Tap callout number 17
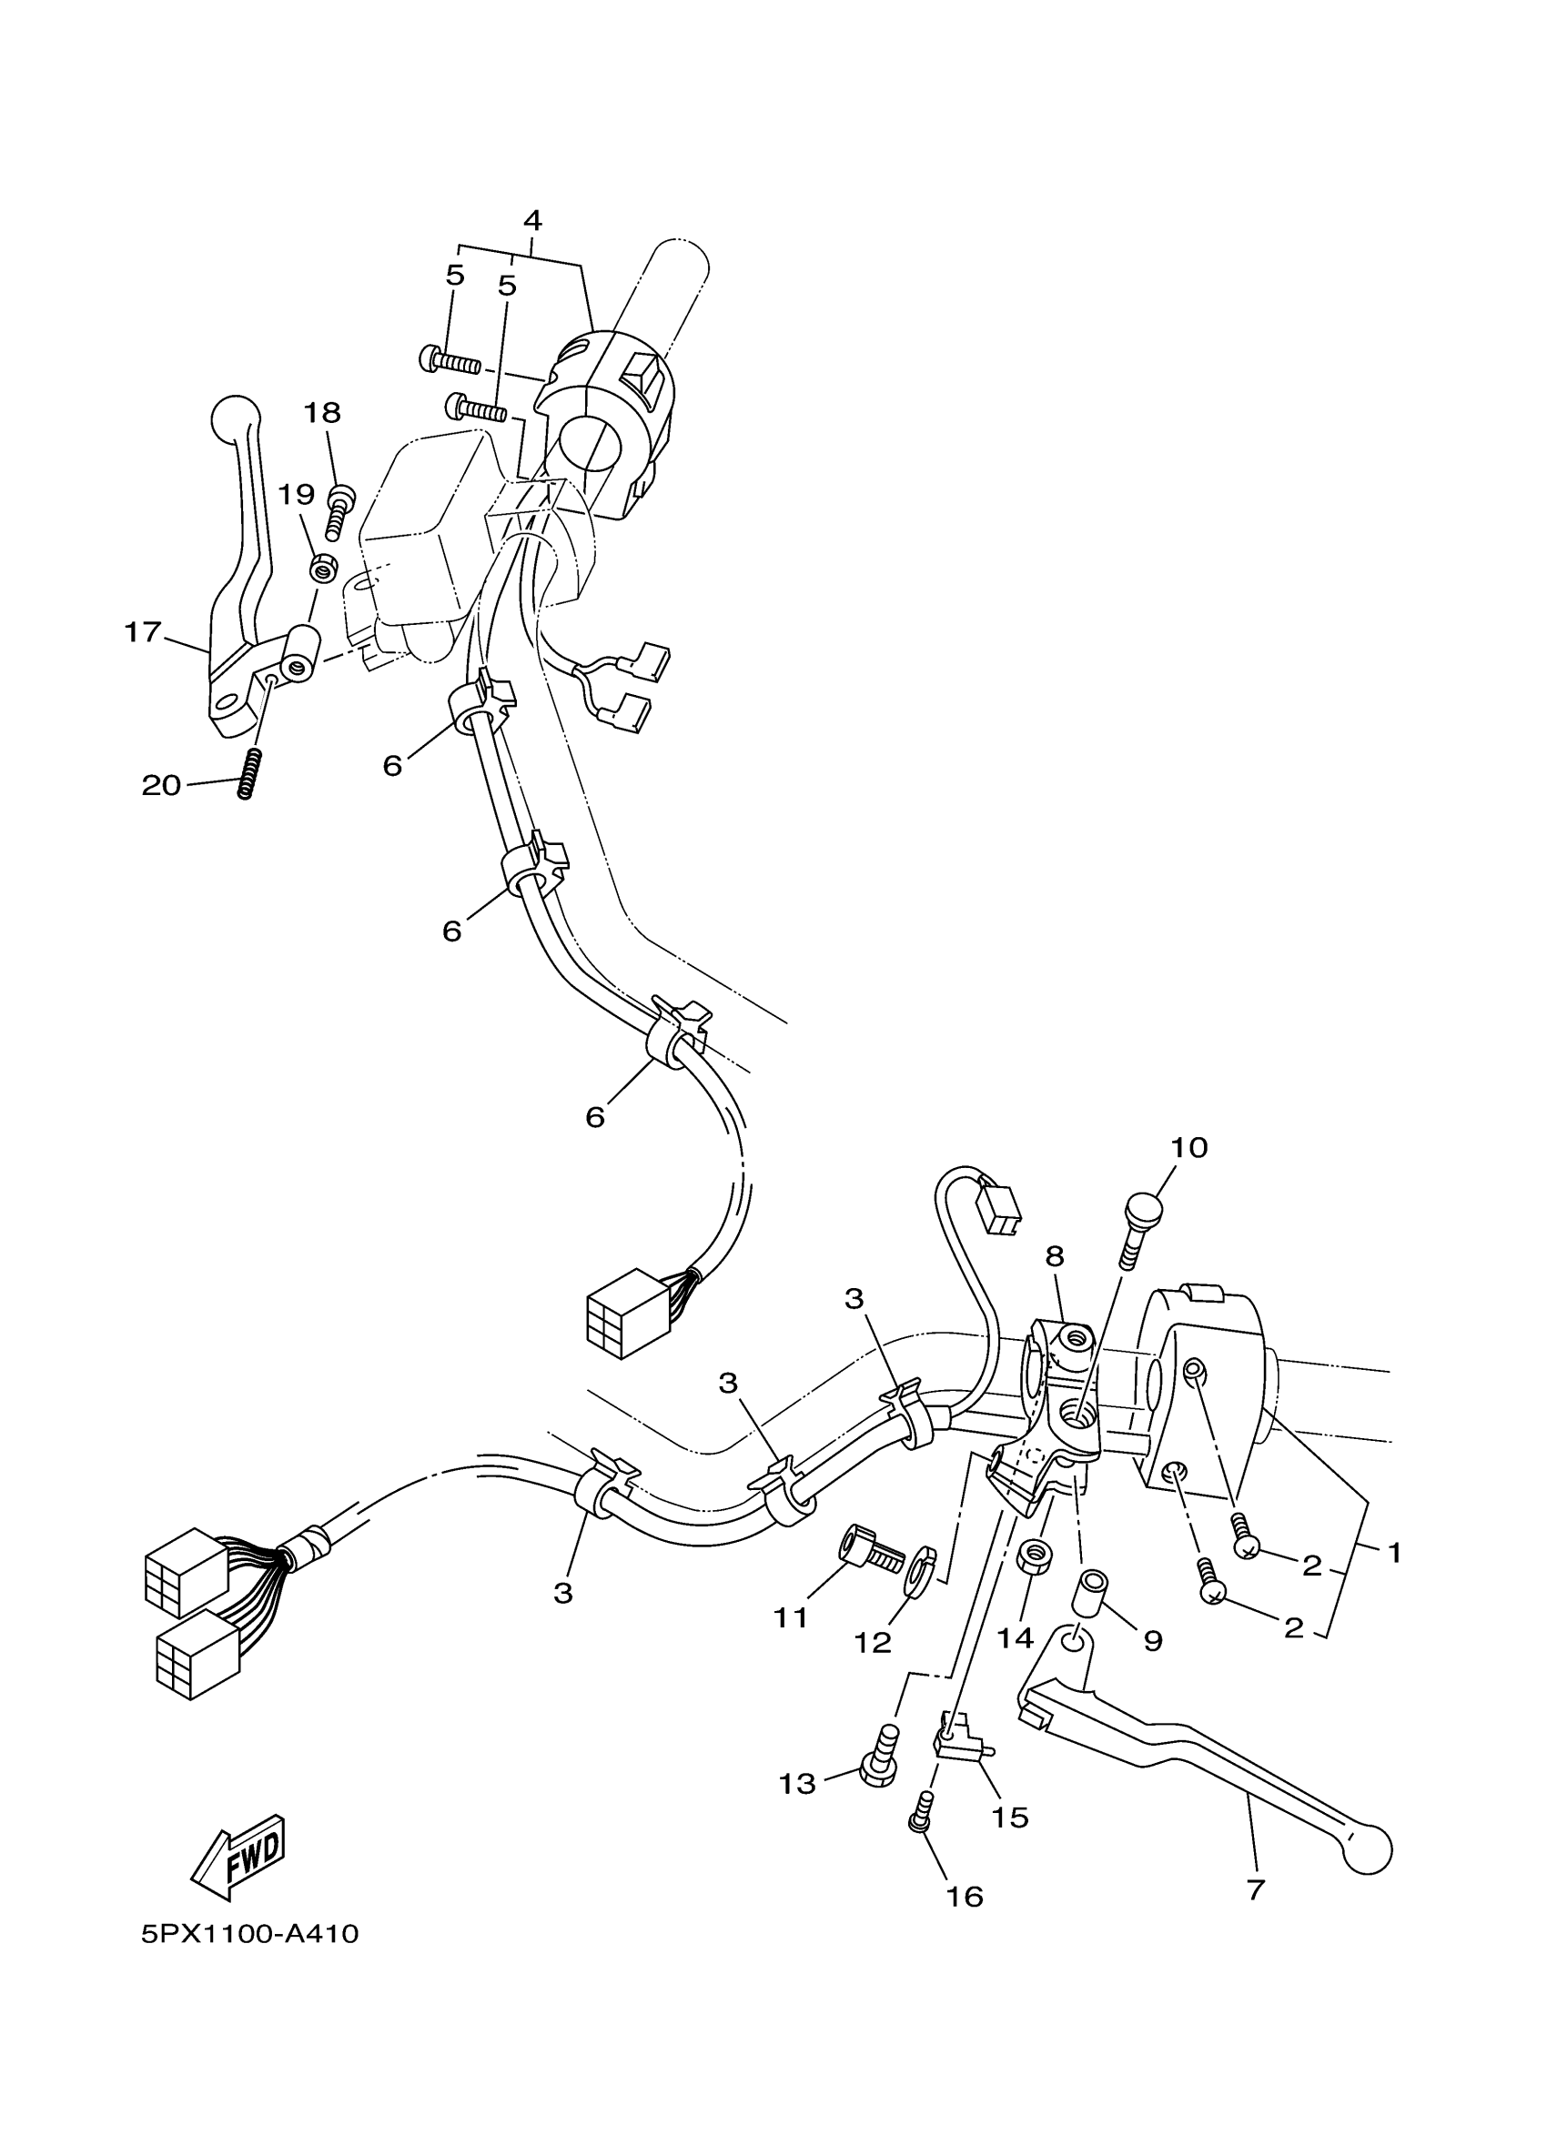[143, 631]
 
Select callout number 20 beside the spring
[160, 784]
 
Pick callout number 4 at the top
[532, 221]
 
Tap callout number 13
[796, 1783]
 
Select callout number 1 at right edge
[1394, 1552]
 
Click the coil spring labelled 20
[247, 773]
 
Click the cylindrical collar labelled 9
[1091, 1594]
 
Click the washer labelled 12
[919, 1571]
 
